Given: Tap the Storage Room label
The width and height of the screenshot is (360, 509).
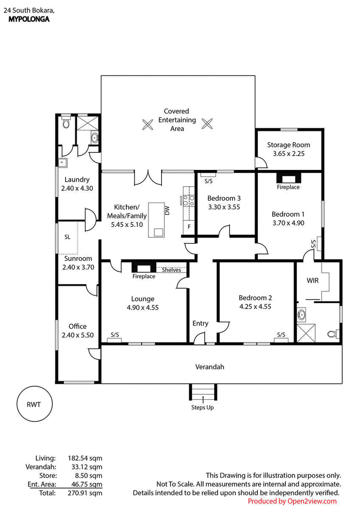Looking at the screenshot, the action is [288, 145].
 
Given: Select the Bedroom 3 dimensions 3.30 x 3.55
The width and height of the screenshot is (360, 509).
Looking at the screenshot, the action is [224, 207].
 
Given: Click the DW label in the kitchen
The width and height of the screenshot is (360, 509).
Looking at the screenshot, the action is [167, 210].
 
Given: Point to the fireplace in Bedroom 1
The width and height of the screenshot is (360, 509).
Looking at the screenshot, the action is [288, 178].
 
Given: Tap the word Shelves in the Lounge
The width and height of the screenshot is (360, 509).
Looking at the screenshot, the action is [171, 270].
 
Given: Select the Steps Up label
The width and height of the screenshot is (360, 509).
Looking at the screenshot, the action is [202, 407].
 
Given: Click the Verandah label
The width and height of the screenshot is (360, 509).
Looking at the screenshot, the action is [210, 367].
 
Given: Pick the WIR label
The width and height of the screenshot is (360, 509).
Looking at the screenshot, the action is [313, 281].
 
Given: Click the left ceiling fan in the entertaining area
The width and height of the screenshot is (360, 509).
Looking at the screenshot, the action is [148, 125].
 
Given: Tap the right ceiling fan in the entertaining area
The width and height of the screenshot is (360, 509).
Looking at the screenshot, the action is [207, 124].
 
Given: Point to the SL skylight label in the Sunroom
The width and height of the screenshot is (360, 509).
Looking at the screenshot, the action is [67, 237].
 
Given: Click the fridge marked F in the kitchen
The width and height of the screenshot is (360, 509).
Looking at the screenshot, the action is [189, 227].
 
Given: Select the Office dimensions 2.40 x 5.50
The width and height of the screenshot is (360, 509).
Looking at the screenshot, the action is [78, 335].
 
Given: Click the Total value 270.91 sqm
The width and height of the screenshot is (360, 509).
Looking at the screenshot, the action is [85, 493].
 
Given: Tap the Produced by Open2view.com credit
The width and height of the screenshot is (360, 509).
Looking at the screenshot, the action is [292, 501].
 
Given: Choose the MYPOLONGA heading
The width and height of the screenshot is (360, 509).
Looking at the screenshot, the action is [29, 19].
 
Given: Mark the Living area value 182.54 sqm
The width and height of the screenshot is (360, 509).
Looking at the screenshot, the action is [85, 458].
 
